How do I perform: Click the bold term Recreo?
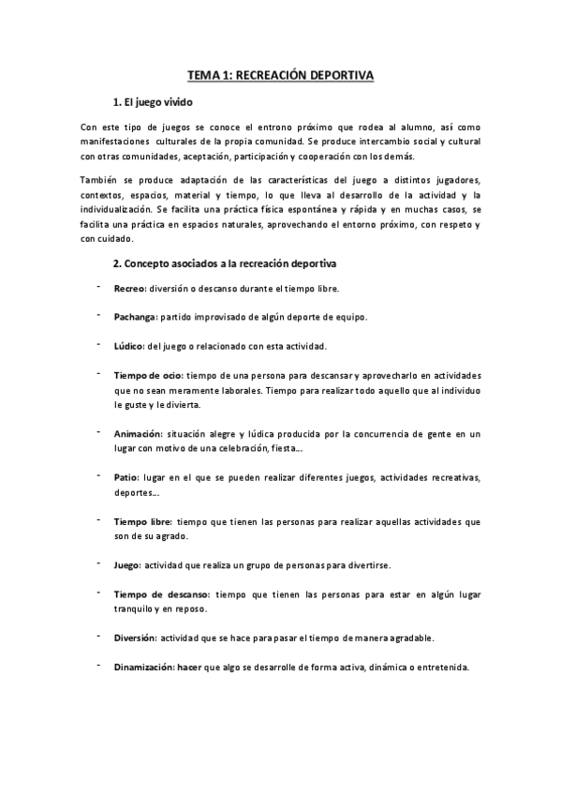tap(130, 289)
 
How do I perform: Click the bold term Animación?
tap(138, 434)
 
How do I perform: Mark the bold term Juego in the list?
tap(126, 565)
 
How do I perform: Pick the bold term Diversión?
tap(136, 638)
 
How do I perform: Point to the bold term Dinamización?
tap(144, 667)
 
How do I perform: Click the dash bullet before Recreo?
tap(97, 287)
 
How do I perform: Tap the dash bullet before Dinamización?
tap(97, 666)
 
